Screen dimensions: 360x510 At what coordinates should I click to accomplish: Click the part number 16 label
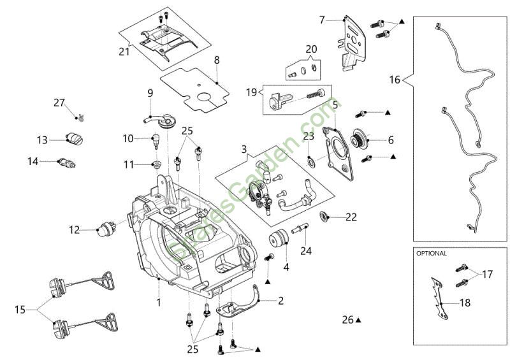click(x=395, y=80)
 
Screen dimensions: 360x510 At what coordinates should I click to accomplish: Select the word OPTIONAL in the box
click(x=432, y=253)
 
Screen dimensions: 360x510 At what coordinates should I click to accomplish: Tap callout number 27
click(x=59, y=103)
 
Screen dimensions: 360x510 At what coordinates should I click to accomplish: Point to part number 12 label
click(x=75, y=229)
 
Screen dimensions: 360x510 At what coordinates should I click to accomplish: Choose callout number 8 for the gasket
click(x=217, y=60)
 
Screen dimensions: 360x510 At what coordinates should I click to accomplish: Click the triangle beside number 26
click(x=359, y=320)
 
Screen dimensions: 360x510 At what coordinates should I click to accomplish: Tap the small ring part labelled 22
click(x=324, y=216)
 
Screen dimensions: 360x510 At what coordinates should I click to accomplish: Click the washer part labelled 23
click(x=310, y=158)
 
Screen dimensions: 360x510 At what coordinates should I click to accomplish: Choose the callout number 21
click(x=124, y=51)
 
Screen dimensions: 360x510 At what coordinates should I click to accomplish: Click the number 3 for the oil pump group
click(x=244, y=150)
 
